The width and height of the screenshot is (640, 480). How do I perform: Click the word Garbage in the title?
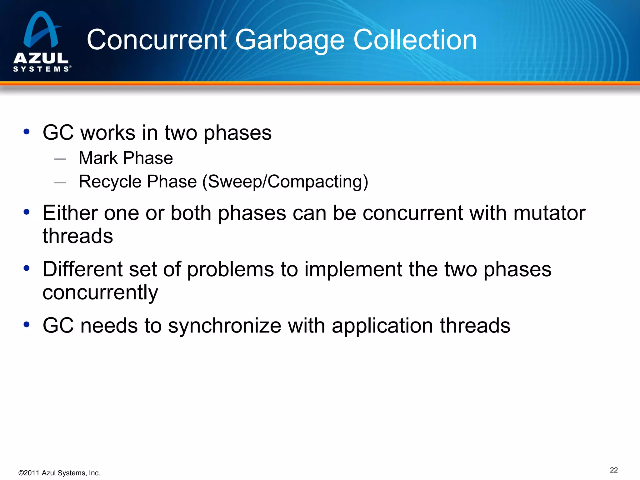tap(290, 40)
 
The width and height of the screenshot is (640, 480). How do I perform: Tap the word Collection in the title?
tap(415, 40)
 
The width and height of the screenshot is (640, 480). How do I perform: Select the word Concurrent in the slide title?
tap(157, 40)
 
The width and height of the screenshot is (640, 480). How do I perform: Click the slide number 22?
tap(614, 470)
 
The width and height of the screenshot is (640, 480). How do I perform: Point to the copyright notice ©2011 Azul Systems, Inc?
tap(59, 473)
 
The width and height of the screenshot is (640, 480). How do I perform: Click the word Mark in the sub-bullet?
tap(98, 158)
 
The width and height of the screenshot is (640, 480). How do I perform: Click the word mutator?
tap(549, 213)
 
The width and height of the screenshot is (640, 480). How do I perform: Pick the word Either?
tap(70, 213)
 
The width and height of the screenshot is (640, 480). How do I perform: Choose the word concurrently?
tap(100, 293)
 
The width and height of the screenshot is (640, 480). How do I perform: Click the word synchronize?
tap(224, 326)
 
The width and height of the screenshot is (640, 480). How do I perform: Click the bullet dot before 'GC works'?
tap(27, 132)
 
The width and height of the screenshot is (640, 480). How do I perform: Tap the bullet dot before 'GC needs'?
tap(27, 325)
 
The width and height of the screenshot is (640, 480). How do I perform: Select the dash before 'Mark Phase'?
tap(60, 159)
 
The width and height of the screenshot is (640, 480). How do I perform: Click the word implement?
tap(353, 269)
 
